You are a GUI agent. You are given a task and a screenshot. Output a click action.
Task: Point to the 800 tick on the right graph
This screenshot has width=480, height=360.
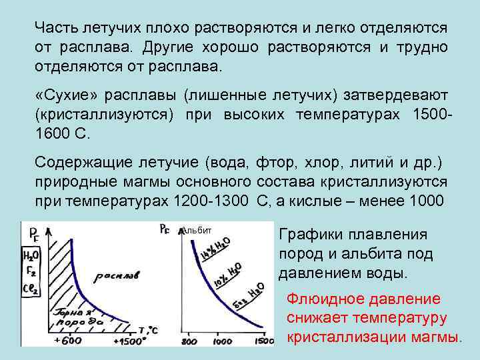click(x=189, y=341)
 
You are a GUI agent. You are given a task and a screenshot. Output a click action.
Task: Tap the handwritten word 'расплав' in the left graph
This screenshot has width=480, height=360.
click(x=117, y=275)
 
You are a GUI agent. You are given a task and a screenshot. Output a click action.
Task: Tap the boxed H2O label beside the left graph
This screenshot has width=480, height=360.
click(x=31, y=254)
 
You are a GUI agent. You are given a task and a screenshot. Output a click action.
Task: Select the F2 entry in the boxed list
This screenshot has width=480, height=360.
click(x=31, y=272)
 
